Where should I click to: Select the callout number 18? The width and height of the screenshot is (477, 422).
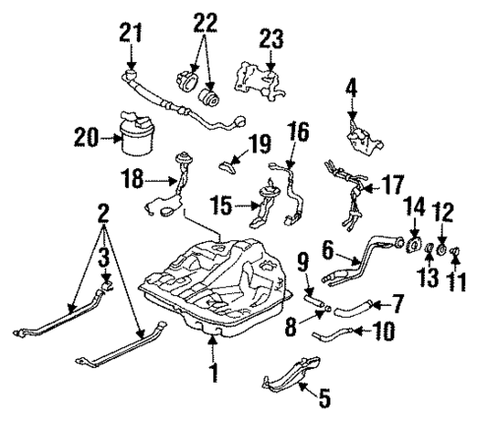(132, 181)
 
